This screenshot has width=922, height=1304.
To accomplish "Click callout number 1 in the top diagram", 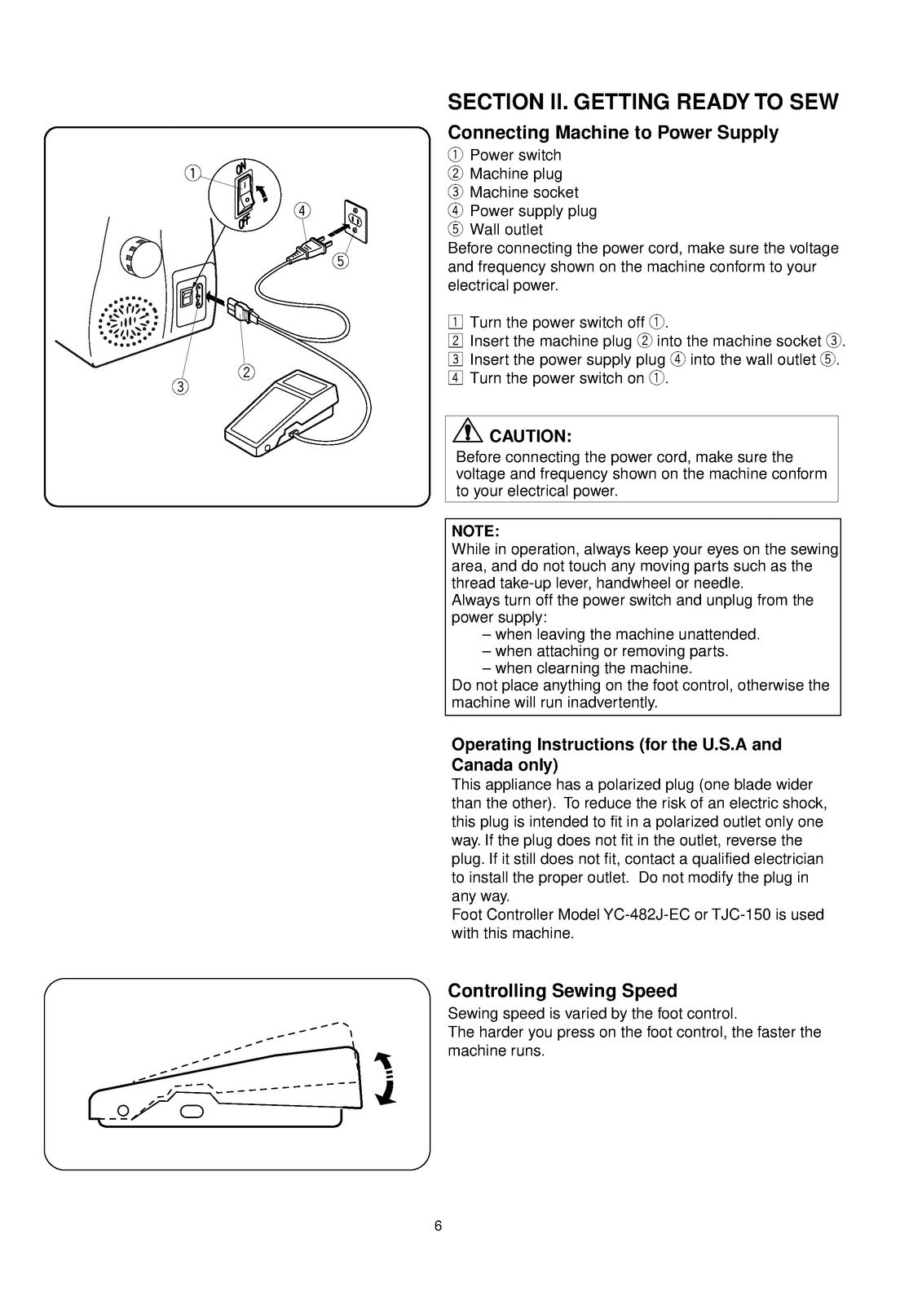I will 192,172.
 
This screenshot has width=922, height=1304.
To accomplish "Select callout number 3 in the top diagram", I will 180,385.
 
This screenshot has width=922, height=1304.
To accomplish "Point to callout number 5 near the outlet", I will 340,261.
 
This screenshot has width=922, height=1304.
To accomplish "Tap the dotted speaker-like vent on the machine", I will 130,319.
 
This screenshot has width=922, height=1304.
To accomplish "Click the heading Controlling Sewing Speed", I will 562,991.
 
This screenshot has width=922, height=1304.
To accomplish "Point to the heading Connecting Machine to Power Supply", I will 613,132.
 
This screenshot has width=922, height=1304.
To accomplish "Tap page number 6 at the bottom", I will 439,1226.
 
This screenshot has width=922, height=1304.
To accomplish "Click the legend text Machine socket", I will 523,192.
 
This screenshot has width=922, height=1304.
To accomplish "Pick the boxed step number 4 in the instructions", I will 456,378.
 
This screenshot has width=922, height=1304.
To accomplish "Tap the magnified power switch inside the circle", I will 245,191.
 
